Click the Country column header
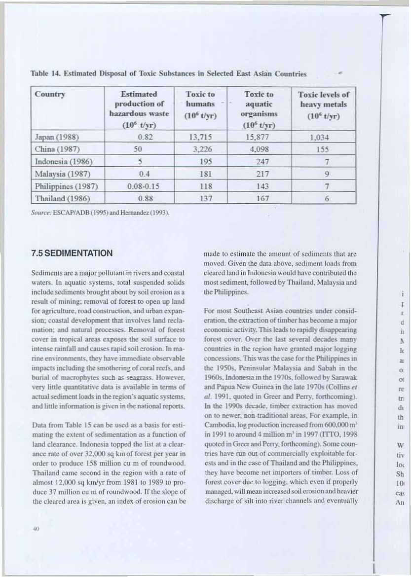pos(49,94)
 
